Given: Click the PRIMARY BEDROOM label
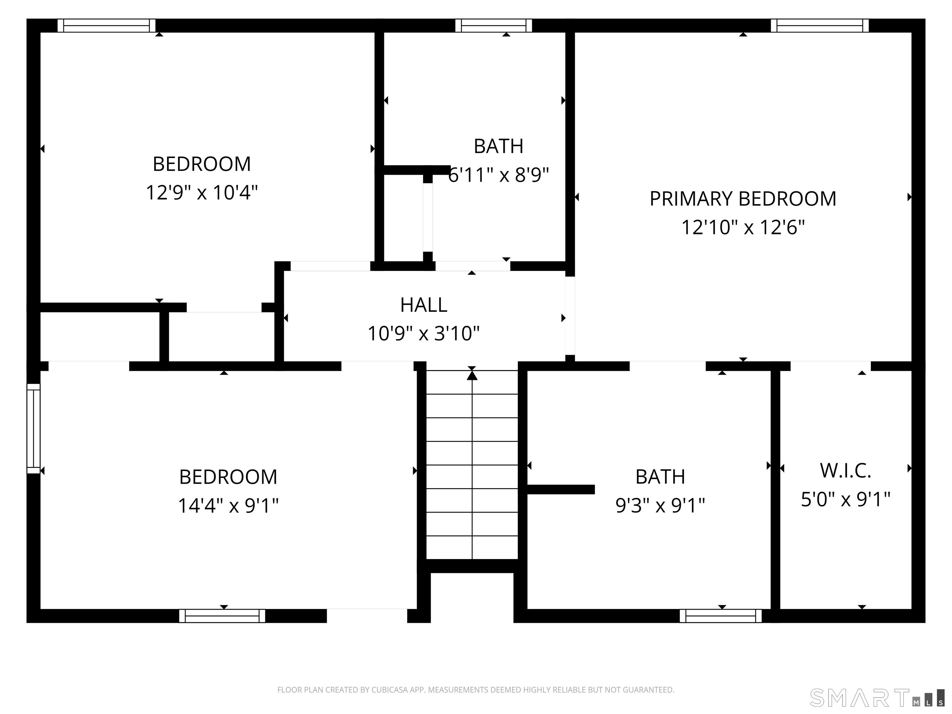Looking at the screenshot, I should click(x=743, y=199).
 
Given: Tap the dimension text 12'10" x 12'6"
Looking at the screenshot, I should click(x=743, y=227).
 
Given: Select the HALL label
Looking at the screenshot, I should click(x=424, y=305).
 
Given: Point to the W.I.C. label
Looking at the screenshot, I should click(x=845, y=470).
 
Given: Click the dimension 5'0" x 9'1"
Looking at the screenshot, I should click(x=845, y=499).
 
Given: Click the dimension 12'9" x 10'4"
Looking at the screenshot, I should click(x=201, y=192).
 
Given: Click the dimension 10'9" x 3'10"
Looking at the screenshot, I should click(x=424, y=333).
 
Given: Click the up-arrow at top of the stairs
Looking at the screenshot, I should click(x=472, y=375).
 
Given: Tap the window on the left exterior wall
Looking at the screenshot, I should click(x=33, y=428).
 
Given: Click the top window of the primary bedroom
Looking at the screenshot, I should click(x=819, y=25).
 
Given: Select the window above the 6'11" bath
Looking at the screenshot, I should click(x=494, y=25).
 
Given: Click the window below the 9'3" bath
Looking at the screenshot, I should click(x=721, y=616).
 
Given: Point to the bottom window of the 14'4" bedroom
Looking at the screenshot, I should click(x=222, y=616).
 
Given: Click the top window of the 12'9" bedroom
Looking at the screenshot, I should click(x=106, y=25).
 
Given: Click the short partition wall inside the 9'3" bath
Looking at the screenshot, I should click(x=560, y=489).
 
